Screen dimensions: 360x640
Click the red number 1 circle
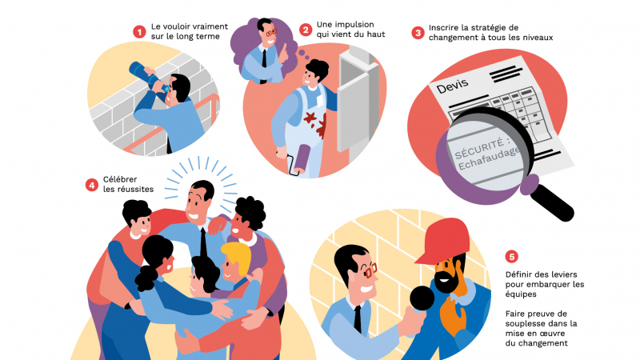(x=140, y=31)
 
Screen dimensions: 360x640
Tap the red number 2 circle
(x=306, y=30)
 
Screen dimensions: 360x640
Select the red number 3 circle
(x=418, y=33)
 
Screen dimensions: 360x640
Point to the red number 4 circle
(x=92, y=184)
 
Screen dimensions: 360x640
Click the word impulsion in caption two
(x=345, y=26)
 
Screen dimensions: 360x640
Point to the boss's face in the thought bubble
(x=266, y=34)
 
